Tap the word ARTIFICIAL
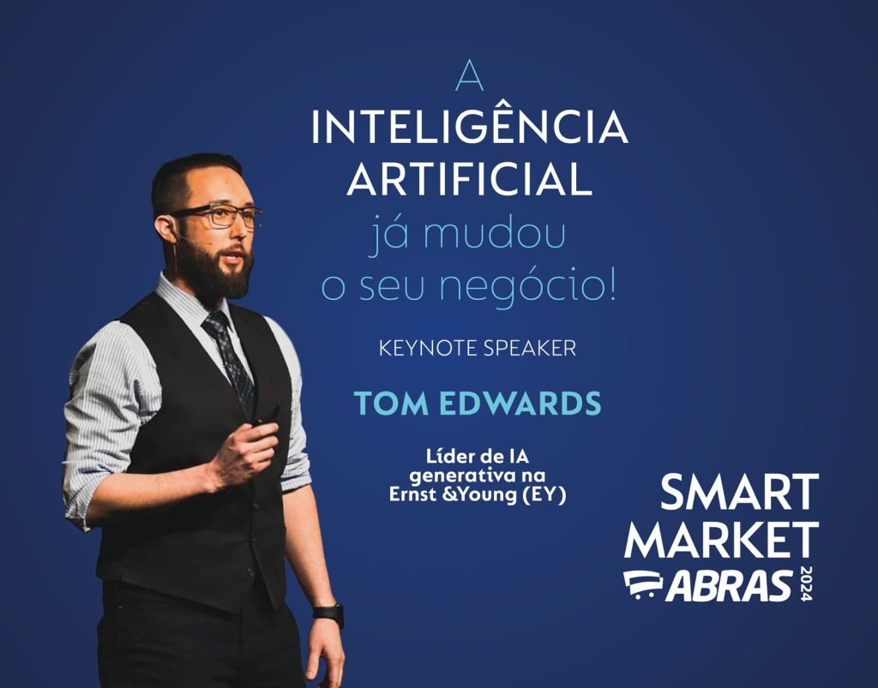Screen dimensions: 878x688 (x=469, y=178)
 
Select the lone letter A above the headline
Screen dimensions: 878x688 (x=469, y=75)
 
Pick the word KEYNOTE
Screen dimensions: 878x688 (x=428, y=349)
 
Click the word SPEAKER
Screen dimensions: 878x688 (x=529, y=349)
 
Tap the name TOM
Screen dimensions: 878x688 (x=391, y=404)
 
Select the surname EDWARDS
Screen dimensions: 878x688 (x=520, y=404)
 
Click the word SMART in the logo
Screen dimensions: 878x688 (x=739, y=492)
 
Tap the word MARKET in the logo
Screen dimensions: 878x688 (x=721, y=540)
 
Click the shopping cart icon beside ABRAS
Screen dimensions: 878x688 (x=643, y=585)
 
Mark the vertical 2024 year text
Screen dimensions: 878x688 (x=806, y=584)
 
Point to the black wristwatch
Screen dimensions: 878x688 (x=328, y=614)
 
